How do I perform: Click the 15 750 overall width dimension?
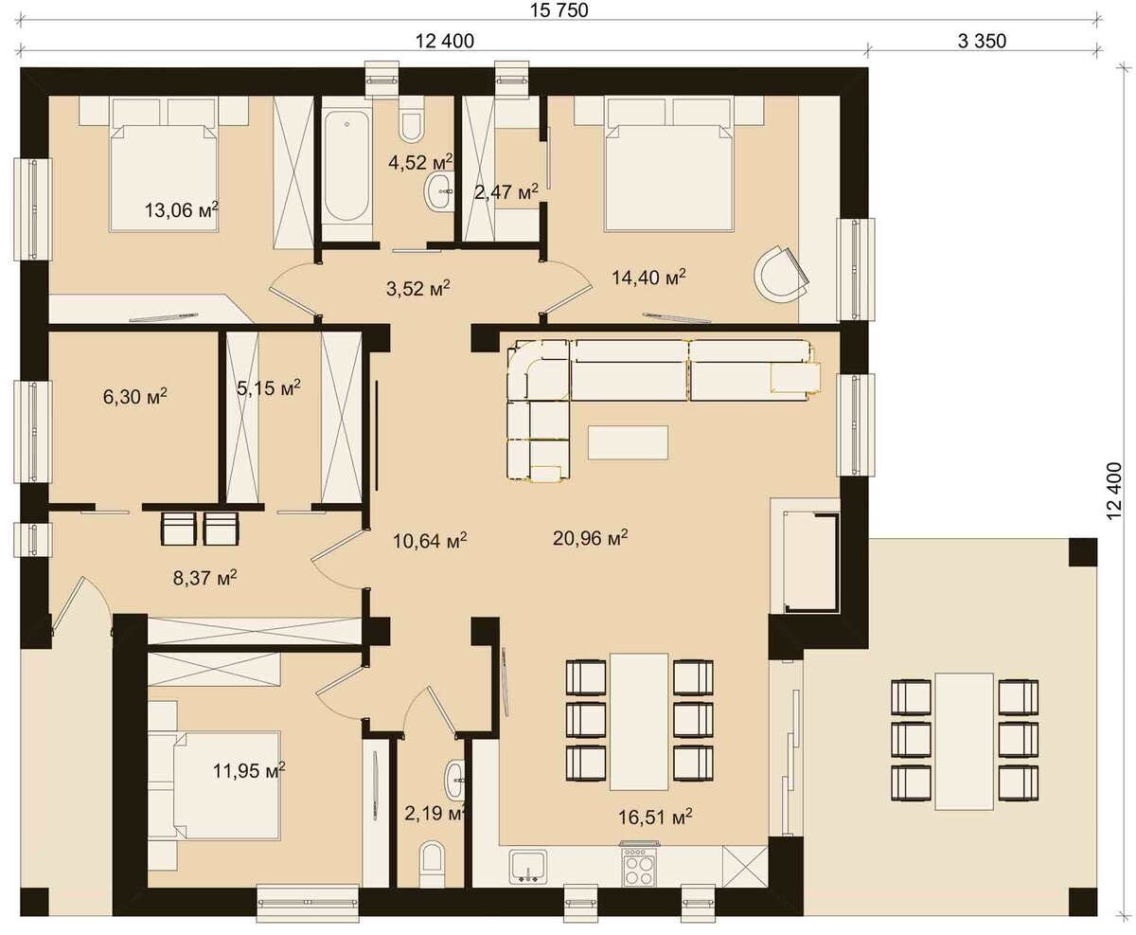point(559,10)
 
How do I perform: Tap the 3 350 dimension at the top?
point(982,41)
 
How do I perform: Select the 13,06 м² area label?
point(182,209)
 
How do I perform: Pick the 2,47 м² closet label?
point(506,191)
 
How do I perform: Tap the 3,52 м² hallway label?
point(418,288)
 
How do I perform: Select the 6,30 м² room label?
point(134,397)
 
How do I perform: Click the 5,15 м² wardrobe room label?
point(269,387)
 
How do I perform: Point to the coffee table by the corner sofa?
point(628,442)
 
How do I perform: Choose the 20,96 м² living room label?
point(591,537)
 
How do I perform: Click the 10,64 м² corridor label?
point(430,541)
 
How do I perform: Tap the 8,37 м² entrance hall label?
point(204,578)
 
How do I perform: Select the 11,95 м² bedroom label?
point(249,770)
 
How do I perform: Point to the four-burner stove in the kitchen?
point(639,864)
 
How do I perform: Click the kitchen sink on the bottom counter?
point(528,867)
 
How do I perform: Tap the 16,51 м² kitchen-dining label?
point(655,817)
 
